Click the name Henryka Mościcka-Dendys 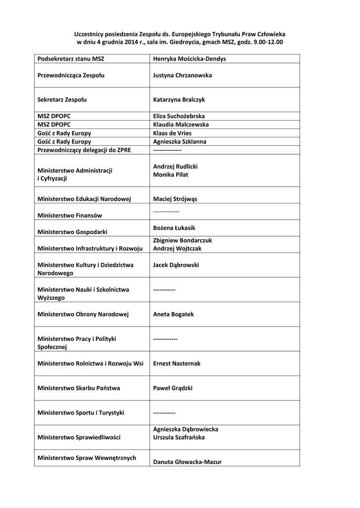click(189, 59)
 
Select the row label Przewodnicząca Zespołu click(71, 75)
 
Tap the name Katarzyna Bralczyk click(179, 100)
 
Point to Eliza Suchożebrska click(179, 117)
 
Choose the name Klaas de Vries click(172, 133)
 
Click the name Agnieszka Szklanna click(180, 142)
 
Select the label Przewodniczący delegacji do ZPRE click(84, 150)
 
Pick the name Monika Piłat click(170, 175)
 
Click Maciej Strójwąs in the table click(175, 199)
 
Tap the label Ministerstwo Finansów click(70, 216)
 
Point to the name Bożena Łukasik click(174, 228)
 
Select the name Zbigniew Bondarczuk click(182, 240)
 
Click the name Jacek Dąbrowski click(176, 265)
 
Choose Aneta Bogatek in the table click(173, 315)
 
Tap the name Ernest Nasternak click(177, 364)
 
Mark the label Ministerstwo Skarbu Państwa click(78, 388)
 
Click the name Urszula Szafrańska click(179, 438)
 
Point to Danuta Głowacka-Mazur click(187, 462)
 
